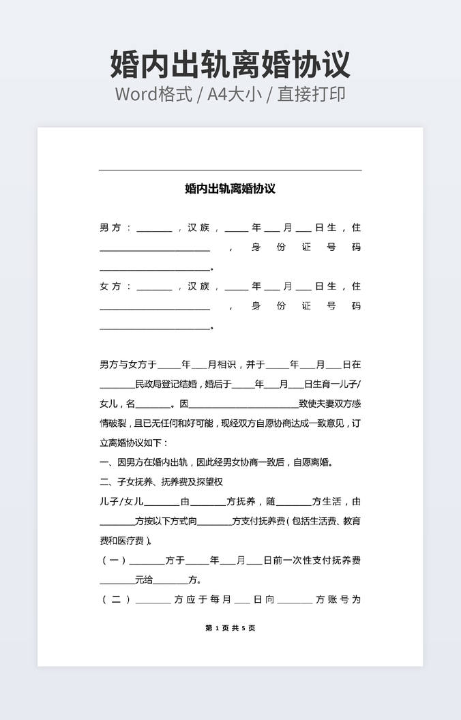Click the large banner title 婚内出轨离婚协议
tap(230, 64)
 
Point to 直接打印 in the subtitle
tap(311, 94)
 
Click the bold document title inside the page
tap(230, 189)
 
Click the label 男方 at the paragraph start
tap(110, 228)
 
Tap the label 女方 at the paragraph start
tap(110, 286)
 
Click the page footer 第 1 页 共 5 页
tap(230, 628)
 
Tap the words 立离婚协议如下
tap(127, 442)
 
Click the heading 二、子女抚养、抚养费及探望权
tap(161, 482)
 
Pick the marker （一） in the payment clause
tap(114, 560)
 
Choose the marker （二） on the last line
tap(116, 600)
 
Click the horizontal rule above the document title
tap(230, 170)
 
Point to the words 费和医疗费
tap(123, 541)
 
